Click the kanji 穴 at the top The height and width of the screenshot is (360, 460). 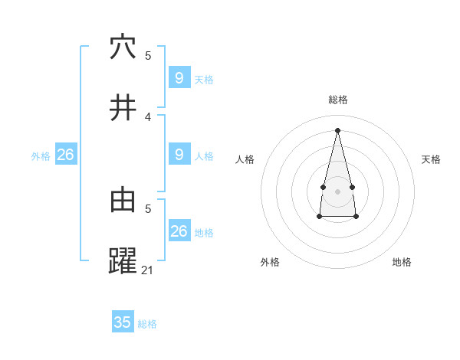point(123,47)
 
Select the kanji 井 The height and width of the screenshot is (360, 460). point(123,108)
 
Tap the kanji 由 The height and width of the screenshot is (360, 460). point(123,200)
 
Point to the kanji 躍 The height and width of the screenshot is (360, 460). point(123,261)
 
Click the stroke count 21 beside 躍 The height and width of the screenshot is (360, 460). point(148,270)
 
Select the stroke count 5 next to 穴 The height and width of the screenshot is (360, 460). point(148,55)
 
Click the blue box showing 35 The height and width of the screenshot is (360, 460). point(123,322)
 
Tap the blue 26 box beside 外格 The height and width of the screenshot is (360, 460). point(65,155)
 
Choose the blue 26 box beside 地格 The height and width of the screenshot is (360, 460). point(179,231)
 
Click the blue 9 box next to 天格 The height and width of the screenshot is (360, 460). point(179,78)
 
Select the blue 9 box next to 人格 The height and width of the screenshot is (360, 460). point(179,155)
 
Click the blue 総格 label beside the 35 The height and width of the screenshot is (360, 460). point(147,324)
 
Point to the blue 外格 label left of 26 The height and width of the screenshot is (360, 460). point(41,156)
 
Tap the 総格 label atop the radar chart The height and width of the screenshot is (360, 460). point(338,100)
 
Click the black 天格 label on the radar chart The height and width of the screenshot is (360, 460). point(431,159)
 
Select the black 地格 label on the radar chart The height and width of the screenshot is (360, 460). point(402,262)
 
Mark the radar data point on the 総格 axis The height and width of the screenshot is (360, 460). point(338,129)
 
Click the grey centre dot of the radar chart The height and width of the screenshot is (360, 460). point(338,191)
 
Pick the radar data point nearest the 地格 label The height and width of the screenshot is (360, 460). point(356,217)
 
